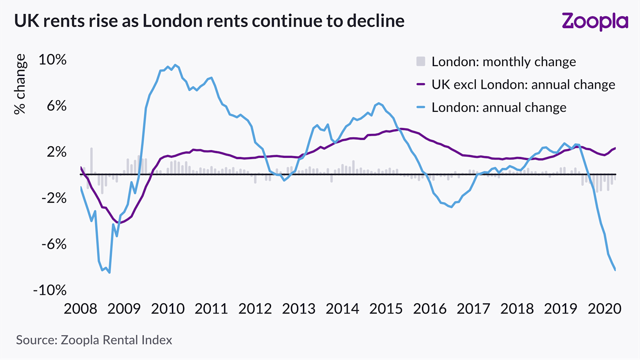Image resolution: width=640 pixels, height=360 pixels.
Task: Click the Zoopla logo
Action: pyautogui.click(x=595, y=22)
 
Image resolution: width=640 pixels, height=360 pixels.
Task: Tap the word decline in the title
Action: pyautogui.click(x=375, y=21)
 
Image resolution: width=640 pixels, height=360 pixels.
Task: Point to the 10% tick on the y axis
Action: pyautogui.click(x=52, y=60)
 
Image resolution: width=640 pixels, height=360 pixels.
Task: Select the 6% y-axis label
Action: pyautogui.click(x=56, y=106)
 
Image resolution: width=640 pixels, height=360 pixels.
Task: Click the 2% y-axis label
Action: pyautogui.click(x=56, y=152)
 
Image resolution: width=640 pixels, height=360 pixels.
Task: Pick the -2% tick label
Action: pyautogui.click(x=54, y=198)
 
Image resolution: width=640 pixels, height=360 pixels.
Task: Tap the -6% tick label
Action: pyautogui.click(x=54, y=244)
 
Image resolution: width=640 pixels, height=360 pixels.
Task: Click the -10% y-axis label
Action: pyautogui.click(x=50, y=290)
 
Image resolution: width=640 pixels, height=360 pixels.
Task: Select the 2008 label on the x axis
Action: pyautogui.click(x=81, y=308)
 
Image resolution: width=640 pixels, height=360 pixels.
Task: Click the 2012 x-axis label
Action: pyautogui.click(x=255, y=308)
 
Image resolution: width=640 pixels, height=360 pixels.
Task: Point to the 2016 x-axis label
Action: pyautogui.click(x=430, y=308)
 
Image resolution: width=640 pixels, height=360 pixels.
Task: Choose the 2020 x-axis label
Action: pyautogui.click(x=604, y=308)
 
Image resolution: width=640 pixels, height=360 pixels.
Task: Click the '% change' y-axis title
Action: pyautogui.click(x=20, y=84)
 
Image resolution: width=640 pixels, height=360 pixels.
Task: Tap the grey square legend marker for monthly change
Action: pyautogui.click(x=421, y=61)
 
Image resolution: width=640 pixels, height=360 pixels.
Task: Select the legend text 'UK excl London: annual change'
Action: pyautogui.click(x=523, y=84)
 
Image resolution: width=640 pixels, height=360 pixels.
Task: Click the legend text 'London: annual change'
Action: pyautogui.click(x=499, y=107)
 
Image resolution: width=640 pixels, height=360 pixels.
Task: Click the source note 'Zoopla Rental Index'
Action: pyautogui.click(x=116, y=340)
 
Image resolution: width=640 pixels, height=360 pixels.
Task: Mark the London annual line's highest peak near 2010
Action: pyautogui.click(x=175, y=65)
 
